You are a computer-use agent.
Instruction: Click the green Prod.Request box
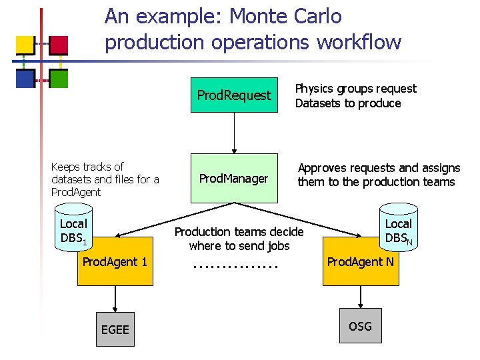point(234,95)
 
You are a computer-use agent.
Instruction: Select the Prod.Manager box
point(234,178)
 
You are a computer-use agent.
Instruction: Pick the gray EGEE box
point(115,329)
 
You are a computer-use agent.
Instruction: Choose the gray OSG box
point(360,326)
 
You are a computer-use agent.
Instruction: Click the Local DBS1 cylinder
point(73,230)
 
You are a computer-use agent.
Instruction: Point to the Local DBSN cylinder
point(398,230)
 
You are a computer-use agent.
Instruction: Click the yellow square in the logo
point(25,45)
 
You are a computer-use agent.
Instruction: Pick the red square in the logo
point(59,45)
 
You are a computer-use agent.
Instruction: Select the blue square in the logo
point(25,79)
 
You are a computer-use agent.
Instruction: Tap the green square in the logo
point(59,79)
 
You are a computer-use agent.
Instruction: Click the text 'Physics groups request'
point(355,89)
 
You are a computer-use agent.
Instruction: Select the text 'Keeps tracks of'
point(87,167)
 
